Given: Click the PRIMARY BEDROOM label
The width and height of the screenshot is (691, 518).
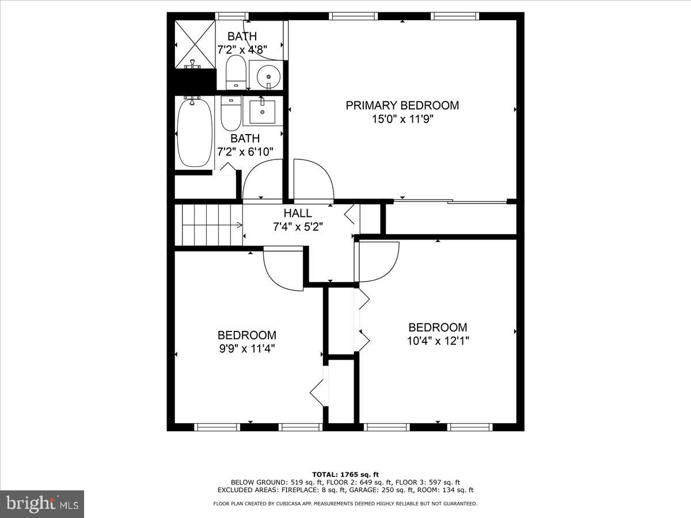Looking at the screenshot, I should click(402, 105).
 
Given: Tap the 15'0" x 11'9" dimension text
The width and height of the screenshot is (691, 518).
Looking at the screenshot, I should click(402, 120).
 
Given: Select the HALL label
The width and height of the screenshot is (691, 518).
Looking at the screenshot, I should click(298, 214).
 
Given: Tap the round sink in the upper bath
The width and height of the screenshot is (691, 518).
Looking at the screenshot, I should click(268, 74).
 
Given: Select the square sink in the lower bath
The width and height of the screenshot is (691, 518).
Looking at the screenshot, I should click(263, 111).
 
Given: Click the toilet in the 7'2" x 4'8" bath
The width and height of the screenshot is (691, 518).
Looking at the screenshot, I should click(236, 71).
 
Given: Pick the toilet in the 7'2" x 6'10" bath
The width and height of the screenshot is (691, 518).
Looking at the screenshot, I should click(230, 113).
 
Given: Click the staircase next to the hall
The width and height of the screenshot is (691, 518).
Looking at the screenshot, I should click(207, 225).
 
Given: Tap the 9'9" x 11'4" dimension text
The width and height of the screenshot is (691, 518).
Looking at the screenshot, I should click(246, 349).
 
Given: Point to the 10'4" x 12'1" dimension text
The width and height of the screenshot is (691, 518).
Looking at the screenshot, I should click(438, 341).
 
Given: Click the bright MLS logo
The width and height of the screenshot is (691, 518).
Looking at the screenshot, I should click(42, 504).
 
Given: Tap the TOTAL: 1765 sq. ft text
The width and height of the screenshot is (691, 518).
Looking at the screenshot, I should click(345, 474).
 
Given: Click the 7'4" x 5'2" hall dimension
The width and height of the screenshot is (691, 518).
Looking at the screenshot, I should click(298, 227).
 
